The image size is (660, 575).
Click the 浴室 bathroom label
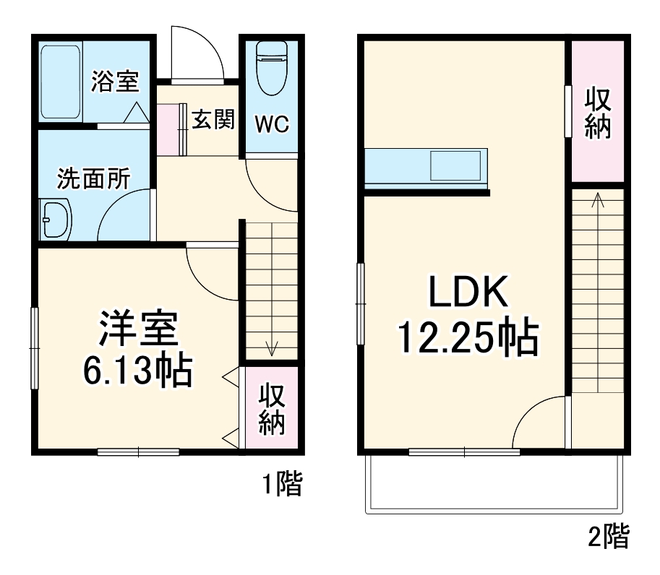[113, 82]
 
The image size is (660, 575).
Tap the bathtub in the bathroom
[61, 82]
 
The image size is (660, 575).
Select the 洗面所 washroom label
[93, 178]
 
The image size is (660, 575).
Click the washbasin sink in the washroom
[56, 217]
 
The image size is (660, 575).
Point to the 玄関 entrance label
[213, 120]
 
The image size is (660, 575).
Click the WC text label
[271, 124]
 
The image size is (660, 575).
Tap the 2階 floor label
[608, 536]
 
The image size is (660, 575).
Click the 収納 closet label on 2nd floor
[598, 113]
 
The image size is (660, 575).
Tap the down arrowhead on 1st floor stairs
[272, 350]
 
